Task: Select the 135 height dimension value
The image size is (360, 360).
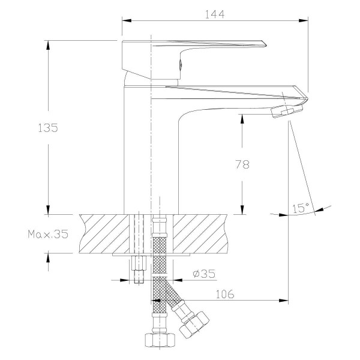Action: pyautogui.click(x=47, y=128)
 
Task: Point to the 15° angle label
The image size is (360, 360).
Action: pyautogui.click(x=301, y=208)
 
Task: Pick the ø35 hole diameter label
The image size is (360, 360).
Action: pyautogui.click(x=204, y=274)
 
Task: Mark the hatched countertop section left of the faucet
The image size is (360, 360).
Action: pyautogui.click(x=102, y=234)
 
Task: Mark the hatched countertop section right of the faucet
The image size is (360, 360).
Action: pyautogui.click(x=204, y=234)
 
